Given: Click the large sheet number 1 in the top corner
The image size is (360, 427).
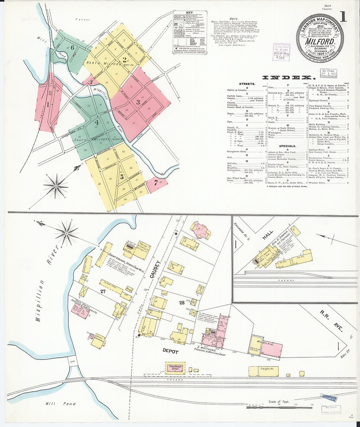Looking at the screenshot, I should (x=343, y=16).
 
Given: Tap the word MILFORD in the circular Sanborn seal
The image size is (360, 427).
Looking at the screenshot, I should (x=320, y=42).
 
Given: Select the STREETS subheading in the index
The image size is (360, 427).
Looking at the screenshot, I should (x=247, y=84).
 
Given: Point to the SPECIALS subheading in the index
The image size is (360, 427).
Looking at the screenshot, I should (x=288, y=146).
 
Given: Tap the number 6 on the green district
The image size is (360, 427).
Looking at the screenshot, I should (x=72, y=47).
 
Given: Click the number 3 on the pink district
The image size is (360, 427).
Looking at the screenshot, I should (x=138, y=102).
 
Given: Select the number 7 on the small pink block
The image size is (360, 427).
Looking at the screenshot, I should (x=156, y=183).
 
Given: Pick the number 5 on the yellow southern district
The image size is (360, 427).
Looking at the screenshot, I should (x=122, y=177).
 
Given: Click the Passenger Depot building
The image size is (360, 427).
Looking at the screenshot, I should (x=175, y=368).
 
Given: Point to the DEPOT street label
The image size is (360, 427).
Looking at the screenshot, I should (x=171, y=351).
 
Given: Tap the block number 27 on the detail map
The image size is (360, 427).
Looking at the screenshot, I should (x=103, y=291).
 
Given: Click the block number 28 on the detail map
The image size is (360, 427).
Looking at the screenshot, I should (x=182, y=303).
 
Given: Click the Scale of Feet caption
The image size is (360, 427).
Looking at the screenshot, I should (x=279, y=401).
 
